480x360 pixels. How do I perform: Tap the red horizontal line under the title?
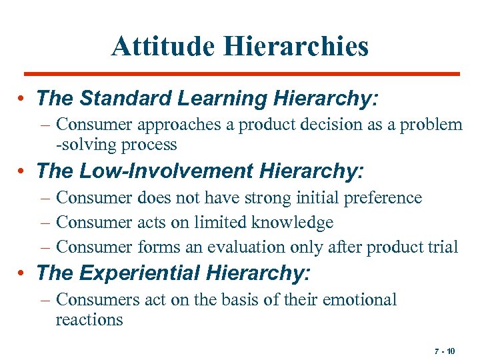tap(241, 73)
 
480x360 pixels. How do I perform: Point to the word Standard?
tap(127, 99)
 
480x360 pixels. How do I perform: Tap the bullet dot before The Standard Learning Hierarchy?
tap(23, 99)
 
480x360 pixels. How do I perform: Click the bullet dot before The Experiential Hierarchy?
tap(23, 273)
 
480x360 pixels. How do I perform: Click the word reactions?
tap(89, 319)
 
